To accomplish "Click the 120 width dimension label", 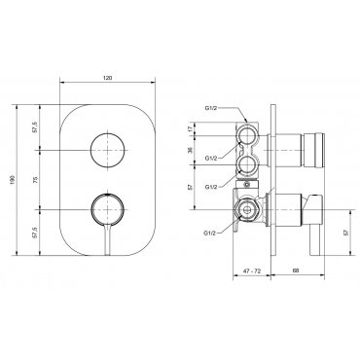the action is [x=107, y=78].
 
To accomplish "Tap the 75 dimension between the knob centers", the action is [x=36, y=180].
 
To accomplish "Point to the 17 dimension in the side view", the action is [x=190, y=128].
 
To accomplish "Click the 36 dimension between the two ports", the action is [x=190, y=150].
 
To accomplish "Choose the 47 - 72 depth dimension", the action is [x=252, y=271].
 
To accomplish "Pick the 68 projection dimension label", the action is [x=296, y=270].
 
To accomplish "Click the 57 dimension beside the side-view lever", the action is [x=345, y=232].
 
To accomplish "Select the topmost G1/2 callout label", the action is [x=210, y=109].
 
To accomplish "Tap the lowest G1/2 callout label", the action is [x=210, y=233].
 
